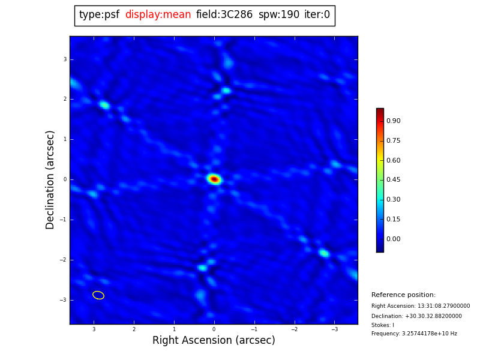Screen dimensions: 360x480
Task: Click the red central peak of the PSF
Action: coord(214,179)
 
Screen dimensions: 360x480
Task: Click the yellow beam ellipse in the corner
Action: coord(98,295)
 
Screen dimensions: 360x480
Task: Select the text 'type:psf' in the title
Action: coord(99,15)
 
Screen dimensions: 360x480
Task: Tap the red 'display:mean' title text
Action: coord(158,15)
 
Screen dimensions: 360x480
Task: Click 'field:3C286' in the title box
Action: coord(224,15)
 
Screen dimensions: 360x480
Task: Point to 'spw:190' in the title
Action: coord(278,15)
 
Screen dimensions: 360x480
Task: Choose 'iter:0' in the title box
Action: coord(317,15)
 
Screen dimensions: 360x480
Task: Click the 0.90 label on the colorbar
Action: coord(393,121)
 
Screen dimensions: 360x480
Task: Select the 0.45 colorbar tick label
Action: coord(393,180)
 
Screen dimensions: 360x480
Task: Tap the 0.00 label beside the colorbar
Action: coord(393,239)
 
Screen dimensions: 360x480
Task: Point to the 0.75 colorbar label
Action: coord(393,141)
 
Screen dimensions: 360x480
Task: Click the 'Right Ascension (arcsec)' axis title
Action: coord(214,341)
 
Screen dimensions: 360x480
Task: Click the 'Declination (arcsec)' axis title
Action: coord(51,179)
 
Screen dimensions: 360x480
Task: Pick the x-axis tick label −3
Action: coord(334,329)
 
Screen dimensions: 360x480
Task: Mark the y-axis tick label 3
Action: coord(65,59)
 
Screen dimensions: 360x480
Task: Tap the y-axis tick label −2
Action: coord(64,260)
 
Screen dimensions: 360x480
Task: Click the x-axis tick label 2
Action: coord(134,329)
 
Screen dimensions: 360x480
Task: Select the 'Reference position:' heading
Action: coord(403,295)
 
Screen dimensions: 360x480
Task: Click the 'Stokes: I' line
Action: coord(383,325)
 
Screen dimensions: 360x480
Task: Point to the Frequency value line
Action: coord(414,334)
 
